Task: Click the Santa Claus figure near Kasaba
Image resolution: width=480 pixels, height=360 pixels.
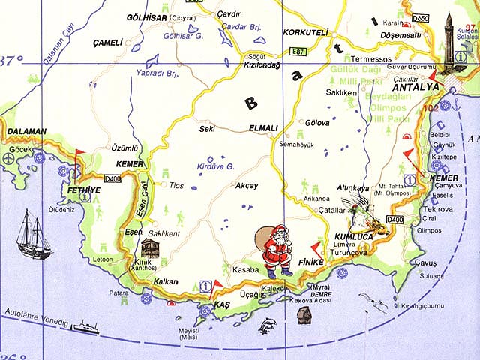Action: click(274, 250)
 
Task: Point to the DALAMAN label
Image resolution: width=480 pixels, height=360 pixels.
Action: click(27, 131)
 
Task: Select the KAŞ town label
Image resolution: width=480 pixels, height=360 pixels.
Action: click(220, 305)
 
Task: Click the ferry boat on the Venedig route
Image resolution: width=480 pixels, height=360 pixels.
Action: click(86, 327)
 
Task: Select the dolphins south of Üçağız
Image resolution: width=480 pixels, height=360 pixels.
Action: click(268, 325)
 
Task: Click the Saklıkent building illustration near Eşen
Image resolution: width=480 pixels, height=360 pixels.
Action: click(150, 250)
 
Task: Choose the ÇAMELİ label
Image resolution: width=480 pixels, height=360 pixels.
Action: click(106, 43)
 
